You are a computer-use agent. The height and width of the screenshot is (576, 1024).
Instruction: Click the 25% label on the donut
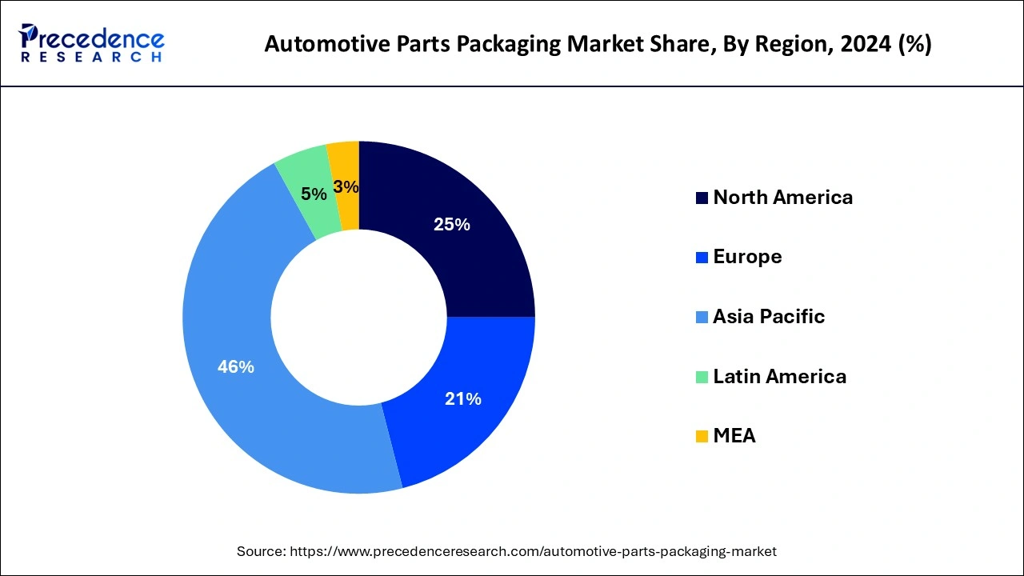pyautogui.click(x=451, y=225)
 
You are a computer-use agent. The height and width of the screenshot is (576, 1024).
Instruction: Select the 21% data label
pyautogui.click(x=462, y=398)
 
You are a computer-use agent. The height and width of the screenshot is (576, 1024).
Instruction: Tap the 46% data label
pyautogui.click(x=235, y=366)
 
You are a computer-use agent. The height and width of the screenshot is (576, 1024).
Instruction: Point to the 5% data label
pyautogui.click(x=314, y=194)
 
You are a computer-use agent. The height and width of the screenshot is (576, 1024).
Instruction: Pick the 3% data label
pyautogui.click(x=346, y=186)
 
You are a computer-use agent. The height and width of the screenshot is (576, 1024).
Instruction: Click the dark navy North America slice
pyautogui.click(x=480, y=264)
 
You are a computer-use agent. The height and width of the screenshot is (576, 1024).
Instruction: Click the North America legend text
pyautogui.click(x=782, y=197)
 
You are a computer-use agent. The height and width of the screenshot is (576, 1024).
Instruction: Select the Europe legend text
pyautogui.click(x=747, y=256)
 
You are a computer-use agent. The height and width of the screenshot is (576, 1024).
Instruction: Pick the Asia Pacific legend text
pyautogui.click(x=768, y=316)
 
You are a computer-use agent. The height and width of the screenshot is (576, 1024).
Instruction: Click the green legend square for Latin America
pyautogui.click(x=702, y=377)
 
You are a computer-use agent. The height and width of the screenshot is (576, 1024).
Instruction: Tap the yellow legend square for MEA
pyautogui.click(x=702, y=436)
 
